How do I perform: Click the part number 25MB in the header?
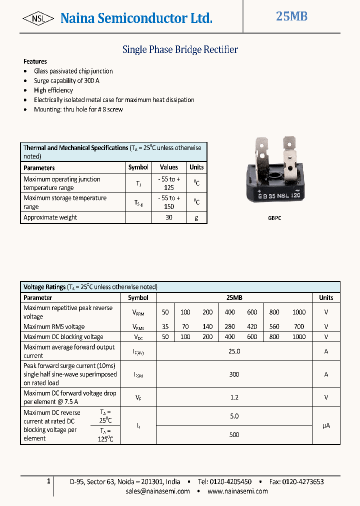(x=291, y=16)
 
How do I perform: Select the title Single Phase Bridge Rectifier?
(x=180, y=49)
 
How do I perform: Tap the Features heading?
(x=35, y=61)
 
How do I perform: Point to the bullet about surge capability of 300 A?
(x=66, y=80)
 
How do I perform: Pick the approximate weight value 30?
(x=168, y=217)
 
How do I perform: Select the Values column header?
(x=168, y=167)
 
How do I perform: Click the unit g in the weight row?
(x=196, y=217)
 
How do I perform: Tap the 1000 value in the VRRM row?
(x=298, y=312)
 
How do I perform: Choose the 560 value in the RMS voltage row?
(x=274, y=326)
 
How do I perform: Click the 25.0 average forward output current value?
(x=234, y=351)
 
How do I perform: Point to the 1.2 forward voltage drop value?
(x=234, y=397)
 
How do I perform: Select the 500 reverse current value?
(x=234, y=434)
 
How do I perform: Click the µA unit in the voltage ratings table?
(x=326, y=425)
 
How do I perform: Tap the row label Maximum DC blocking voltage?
(x=63, y=337)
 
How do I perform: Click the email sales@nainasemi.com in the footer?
(x=157, y=491)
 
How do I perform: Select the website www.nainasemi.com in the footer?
(x=237, y=491)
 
